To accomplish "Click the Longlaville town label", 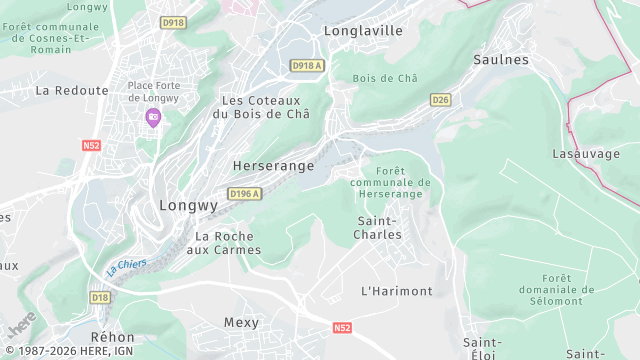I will click(363, 31).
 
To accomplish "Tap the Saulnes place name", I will click(503, 60).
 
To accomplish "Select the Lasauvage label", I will click(586, 154).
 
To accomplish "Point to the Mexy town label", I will click(241, 323).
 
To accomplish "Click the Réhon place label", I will click(112, 337).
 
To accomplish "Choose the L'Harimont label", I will click(396, 291).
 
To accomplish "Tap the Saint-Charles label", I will click(378, 227).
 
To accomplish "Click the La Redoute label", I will click(71, 90).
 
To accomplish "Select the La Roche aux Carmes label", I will click(228, 243).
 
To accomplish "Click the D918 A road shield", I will click(306, 65).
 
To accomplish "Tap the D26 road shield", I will click(440, 100).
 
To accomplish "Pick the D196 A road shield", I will click(244, 194).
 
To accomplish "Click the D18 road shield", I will click(99, 297).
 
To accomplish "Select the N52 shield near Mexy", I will click(343, 327).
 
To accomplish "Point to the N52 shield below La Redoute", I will click(92, 145).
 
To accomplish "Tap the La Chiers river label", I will click(126, 267).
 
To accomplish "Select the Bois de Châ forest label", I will click(385, 78).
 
